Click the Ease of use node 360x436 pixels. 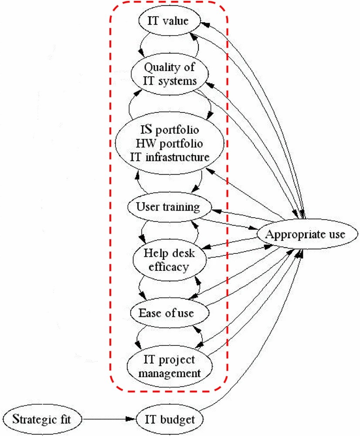[166, 313]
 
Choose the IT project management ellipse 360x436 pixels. [170, 367]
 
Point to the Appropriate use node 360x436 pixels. [306, 235]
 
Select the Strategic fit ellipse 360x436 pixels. [41, 419]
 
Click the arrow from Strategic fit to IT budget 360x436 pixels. [109, 419]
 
